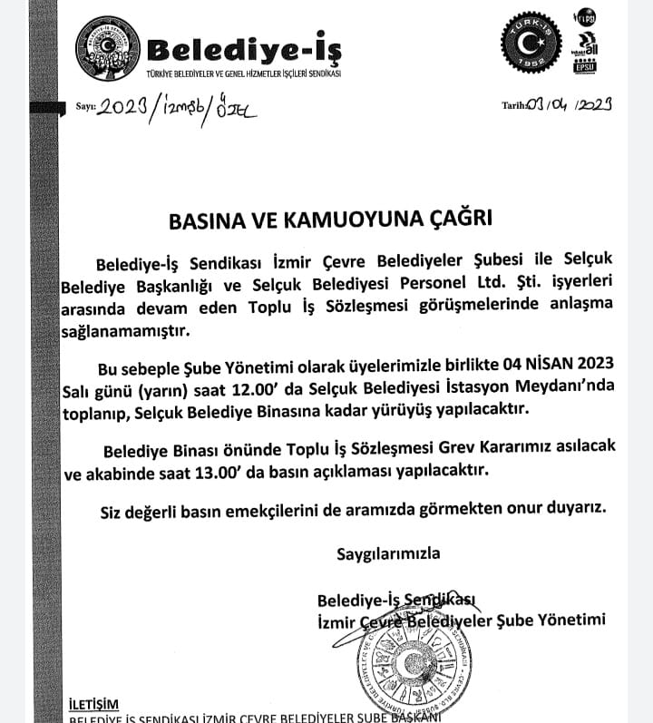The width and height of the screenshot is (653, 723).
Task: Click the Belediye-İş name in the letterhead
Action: [242, 45]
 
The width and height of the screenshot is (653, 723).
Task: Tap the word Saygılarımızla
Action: [389, 552]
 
